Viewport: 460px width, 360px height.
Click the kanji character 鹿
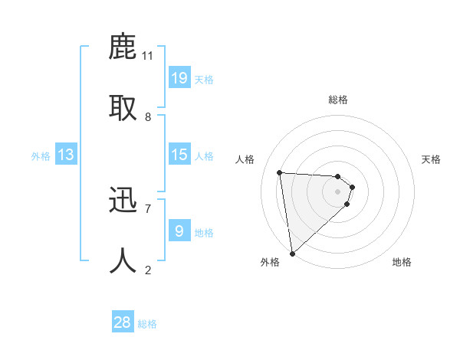pyautogui.click(x=123, y=47)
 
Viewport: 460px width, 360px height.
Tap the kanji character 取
pyautogui.click(x=123, y=108)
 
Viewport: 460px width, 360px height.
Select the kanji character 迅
pyautogui.click(x=123, y=200)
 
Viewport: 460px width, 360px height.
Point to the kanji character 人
pyautogui.click(x=123, y=260)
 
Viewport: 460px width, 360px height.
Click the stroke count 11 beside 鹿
pyautogui.click(x=148, y=56)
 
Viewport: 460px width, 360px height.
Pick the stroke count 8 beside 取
pyautogui.click(x=148, y=116)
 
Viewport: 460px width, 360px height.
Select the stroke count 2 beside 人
pyautogui.click(x=148, y=270)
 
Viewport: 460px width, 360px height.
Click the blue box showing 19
pyautogui.click(x=179, y=78)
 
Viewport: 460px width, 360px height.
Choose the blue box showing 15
pyautogui.click(x=179, y=155)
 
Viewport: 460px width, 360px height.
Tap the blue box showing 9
pyautogui.click(x=179, y=231)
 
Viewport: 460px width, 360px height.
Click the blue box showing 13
pyautogui.click(x=66, y=155)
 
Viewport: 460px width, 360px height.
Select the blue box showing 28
pyautogui.click(x=123, y=322)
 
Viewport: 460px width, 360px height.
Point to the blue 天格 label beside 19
pyautogui.click(x=204, y=80)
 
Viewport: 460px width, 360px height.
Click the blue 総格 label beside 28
pyautogui.click(x=147, y=324)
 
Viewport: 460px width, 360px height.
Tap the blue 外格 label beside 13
pyautogui.click(x=41, y=156)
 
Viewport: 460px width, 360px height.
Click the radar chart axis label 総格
pyautogui.click(x=338, y=100)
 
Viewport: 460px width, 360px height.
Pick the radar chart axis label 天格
pyautogui.click(x=431, y=159)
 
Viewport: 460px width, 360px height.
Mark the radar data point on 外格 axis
pyautogui.click(x=292, y=253)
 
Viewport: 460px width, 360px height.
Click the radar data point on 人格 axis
pyautogui.click(x=280, y=172)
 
